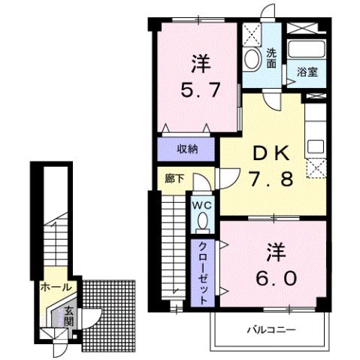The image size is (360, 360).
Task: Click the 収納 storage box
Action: [187, 148]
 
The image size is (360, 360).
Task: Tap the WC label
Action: [200, 204]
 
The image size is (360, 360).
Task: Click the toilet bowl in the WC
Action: [201, 220]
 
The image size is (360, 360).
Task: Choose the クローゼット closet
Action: [203, 270]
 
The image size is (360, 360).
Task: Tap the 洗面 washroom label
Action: [271, 59]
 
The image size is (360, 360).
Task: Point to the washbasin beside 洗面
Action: [252, 59]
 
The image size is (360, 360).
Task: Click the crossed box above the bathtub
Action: [308, 29]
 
